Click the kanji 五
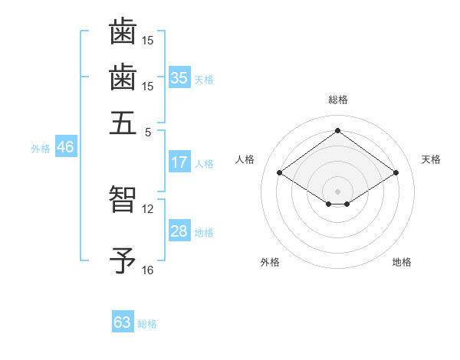[123, 122]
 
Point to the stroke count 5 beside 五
[148, 132]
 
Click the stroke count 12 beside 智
[148, 208]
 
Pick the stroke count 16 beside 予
[148, 270]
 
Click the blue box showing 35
[179, 78]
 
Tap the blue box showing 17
[179, 162]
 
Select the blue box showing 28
[179, 231]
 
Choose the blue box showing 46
[65, 148]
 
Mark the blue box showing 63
[123, 322]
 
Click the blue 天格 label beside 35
[204, 80]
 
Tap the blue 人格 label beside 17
[204, 164]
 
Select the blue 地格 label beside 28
[204, 233]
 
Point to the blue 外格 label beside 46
[41, 149]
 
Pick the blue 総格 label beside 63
[147, 324]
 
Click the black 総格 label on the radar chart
[338, 100]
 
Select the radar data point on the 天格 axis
[396, 173]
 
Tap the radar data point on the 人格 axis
[280, 173]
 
